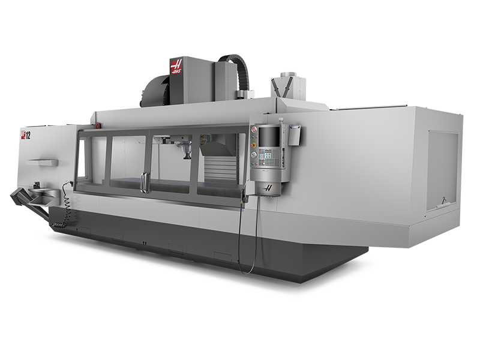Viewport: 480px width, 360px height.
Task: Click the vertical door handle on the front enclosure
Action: click(x=144, y=182)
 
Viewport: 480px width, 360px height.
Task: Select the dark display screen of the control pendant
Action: click(x=268, y=137)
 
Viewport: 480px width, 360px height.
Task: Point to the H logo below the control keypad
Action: click(x=268, y=187)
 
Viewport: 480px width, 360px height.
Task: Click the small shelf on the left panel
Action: click(x=43, y=162)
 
